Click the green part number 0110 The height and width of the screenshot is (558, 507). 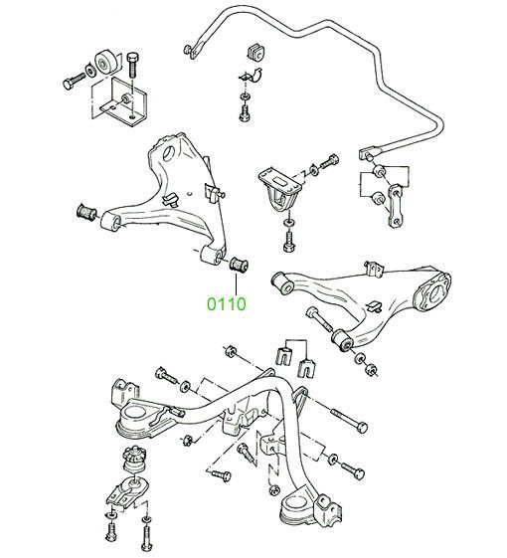[227, 304]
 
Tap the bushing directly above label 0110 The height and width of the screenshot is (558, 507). [239, 265]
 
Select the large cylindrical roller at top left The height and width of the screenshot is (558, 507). [105, 63]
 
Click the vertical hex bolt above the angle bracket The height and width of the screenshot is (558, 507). [132, 65]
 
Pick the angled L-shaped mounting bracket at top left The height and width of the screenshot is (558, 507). [120, 102]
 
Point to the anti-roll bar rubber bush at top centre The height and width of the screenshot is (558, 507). [255, 53]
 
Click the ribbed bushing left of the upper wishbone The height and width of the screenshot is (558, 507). [86, 213]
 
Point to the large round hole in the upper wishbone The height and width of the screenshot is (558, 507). [168, 153]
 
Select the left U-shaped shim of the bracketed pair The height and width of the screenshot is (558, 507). [284, 357]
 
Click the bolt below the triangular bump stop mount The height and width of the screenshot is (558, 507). [289, 242]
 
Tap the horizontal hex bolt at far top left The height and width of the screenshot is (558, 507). [75, 81]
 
